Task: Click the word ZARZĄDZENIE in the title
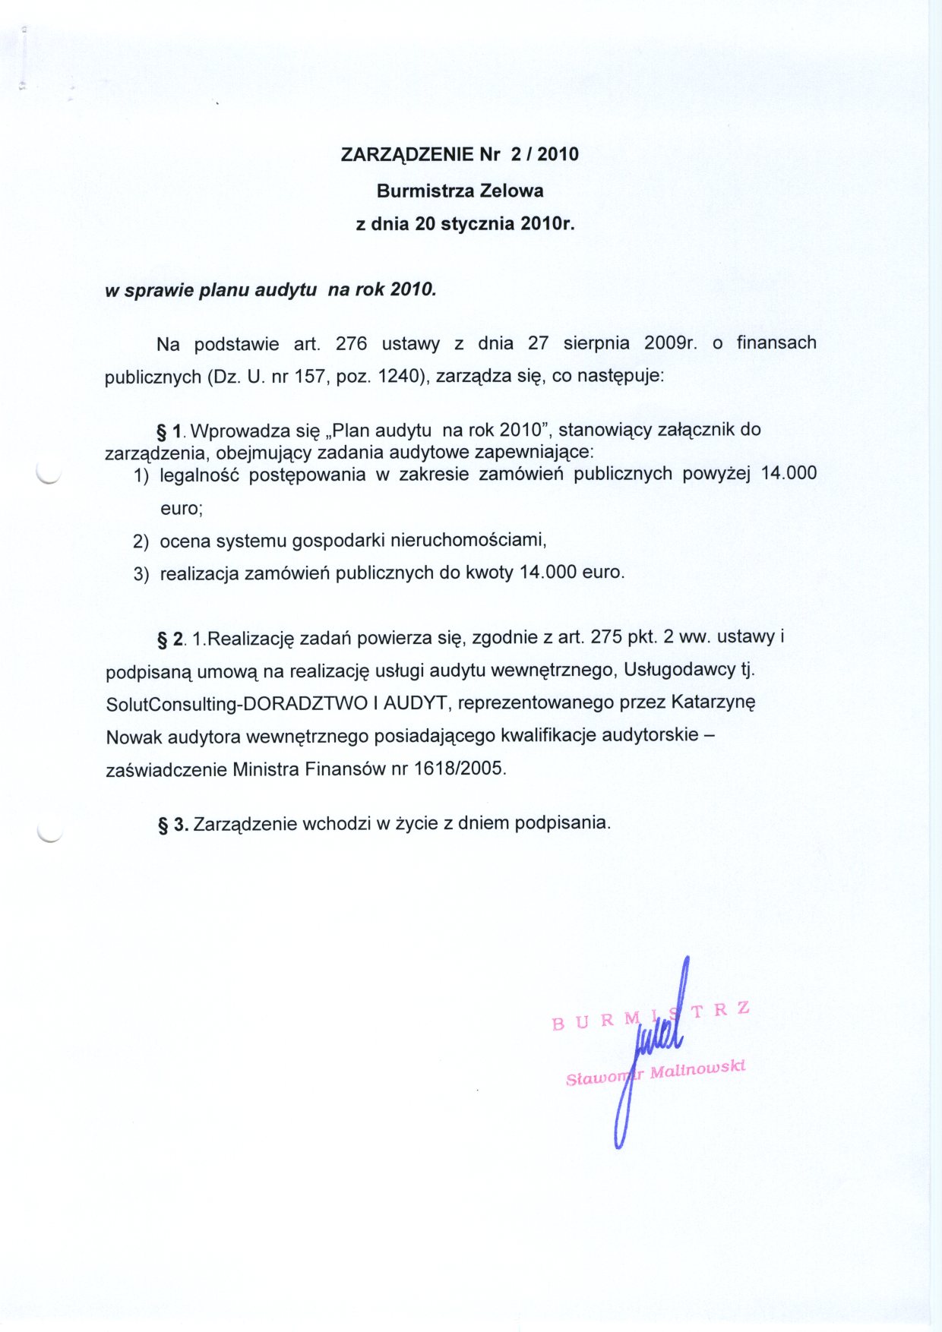point(407,155)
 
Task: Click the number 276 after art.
point(351,344)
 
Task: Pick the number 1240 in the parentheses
point(399,377)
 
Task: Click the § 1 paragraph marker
point(170,432)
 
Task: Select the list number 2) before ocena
point(141,541)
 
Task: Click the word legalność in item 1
point(199,475)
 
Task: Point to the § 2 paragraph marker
point(170,639)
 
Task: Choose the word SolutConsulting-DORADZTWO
point(236,704)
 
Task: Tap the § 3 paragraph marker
point(172,824)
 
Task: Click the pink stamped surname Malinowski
point(697,1069)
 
